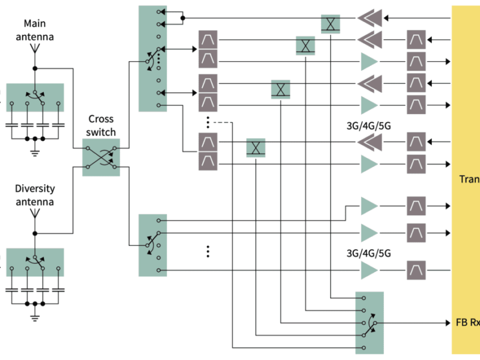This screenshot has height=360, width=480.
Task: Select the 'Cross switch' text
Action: pyautogui.click(x=101, y=125)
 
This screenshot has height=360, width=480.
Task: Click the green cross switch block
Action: pyautogui.click(x=101, y=157)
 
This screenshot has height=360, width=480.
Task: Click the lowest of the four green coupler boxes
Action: pyautogui.click(x=256, y=148)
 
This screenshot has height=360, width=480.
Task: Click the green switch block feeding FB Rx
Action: pyautogui.click(x=369, y=322)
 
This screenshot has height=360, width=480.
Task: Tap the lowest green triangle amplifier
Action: pyautogui.click(x=369, y=271)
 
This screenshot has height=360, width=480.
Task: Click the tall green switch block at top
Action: pyautogui.click(x=152, y=59)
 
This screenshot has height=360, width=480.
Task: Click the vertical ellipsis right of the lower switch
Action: pyautogui.click(x=208, y=251)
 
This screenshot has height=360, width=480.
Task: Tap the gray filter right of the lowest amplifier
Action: pyautogui.click(x=416, y=271)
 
